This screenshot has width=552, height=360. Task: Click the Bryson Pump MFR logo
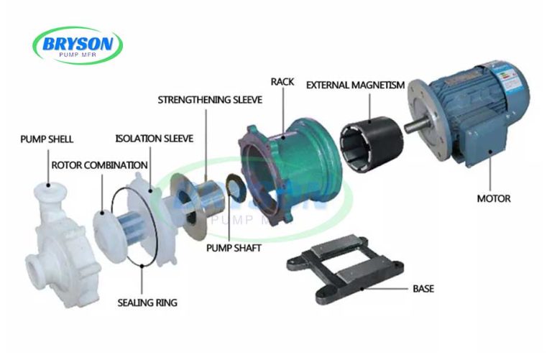tap(77, 45)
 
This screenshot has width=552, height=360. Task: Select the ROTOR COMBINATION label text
tap(100, 165)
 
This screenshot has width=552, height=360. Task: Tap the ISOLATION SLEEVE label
tap(155, 138)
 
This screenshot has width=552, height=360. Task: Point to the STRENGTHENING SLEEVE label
tap(210, 100)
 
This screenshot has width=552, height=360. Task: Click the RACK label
tap(282, 82)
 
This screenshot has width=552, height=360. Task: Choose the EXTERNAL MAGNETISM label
tap(355, 85)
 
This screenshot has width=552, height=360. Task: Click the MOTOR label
tap(494, 198)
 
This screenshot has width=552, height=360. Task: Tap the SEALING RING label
tap(147, 303)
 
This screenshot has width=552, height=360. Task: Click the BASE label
tap(423, 289)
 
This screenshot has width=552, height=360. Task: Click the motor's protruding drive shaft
tap(415, 126)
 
